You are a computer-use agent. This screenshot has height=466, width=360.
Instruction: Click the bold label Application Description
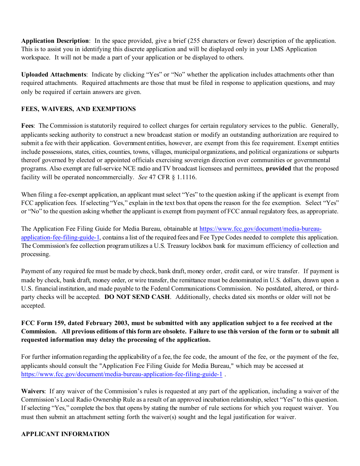coord(55,41)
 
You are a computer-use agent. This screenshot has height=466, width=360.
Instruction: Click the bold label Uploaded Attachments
coord(53,74)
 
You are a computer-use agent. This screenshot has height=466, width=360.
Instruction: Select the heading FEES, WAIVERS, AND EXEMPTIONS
coord(78,109)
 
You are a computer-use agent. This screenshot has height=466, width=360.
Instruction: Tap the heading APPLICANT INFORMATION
coord(65,434)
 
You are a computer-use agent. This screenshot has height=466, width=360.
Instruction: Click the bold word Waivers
coord(33,391)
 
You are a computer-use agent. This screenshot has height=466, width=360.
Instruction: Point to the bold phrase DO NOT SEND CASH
coord(137,297)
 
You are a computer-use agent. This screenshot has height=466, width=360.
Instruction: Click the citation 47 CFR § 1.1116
coord(173,177)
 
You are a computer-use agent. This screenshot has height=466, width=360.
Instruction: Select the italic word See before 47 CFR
coord(143,177)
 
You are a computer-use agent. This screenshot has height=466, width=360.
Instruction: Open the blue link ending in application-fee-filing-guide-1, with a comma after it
coord(60,237)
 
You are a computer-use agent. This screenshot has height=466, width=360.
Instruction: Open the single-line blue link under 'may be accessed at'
coord(122,374)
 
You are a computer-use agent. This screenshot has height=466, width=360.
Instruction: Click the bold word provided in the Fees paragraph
coord(279,168)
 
